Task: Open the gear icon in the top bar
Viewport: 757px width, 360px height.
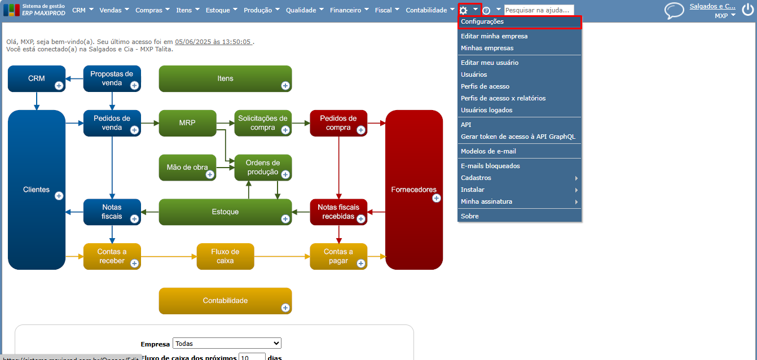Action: tap(464, 10)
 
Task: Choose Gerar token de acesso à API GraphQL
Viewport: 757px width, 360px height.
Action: tap(518, 137)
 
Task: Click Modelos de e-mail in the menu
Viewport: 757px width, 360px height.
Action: tap(488, 151)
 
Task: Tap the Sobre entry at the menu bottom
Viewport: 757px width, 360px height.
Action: tap(470, 216)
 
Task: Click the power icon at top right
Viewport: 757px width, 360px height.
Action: tap(747, 10)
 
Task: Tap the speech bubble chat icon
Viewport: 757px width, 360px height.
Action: tap(674, 11)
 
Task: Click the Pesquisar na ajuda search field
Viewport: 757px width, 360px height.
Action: tap(539, 10)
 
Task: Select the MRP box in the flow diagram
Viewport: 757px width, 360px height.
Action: tap(187, 122)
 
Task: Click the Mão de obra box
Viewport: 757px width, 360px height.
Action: tap(187, 168)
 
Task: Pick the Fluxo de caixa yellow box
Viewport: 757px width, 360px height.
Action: tap(225, 256)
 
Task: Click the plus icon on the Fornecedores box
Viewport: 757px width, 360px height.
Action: tap(436, 198)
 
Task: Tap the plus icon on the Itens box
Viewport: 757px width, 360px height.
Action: tap(285, 86)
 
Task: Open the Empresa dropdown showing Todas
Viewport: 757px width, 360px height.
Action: tap(227, 343)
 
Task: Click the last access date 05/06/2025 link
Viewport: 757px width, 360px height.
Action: tap(213, 42)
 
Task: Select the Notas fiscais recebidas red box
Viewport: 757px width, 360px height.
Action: tap(338, 212)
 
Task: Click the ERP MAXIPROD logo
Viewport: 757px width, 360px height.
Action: tap(34, 10)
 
